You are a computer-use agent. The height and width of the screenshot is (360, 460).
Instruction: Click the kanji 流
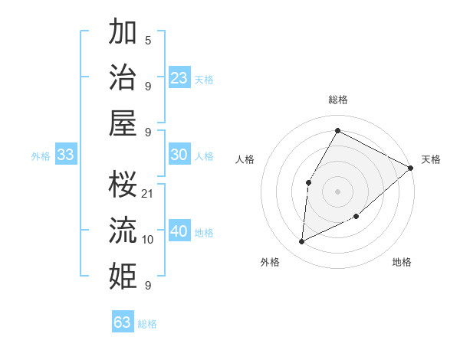coord(123,230)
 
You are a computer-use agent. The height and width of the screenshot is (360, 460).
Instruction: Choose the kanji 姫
coord(123,275)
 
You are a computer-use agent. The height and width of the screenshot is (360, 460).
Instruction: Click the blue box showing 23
coord(179,78)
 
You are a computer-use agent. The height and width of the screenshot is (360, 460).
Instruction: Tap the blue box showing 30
coord(179,155)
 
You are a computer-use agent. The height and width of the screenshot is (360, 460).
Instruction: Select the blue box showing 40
coord(179,231)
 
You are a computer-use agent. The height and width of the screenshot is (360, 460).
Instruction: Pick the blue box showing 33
coord(65,155)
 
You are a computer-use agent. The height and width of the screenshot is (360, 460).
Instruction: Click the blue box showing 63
coord(123,322)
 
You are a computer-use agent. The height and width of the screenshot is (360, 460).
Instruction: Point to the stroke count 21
coord(148,194)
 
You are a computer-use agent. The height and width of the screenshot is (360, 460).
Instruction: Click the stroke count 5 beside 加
coord(148,41)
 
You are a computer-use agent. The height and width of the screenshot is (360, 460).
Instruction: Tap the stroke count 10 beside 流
coord(148,240)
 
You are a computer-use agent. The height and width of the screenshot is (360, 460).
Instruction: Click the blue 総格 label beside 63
coord(147,324)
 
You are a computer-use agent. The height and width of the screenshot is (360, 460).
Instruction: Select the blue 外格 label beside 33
coord(41,156)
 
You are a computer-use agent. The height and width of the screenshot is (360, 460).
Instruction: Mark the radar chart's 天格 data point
coord(411,169)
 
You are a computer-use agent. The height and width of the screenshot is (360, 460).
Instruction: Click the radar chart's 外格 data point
coord(302,241)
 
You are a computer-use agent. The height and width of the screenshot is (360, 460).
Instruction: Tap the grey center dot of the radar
coord(337,191)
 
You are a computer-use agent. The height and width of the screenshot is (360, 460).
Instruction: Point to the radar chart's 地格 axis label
coord(402,263)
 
